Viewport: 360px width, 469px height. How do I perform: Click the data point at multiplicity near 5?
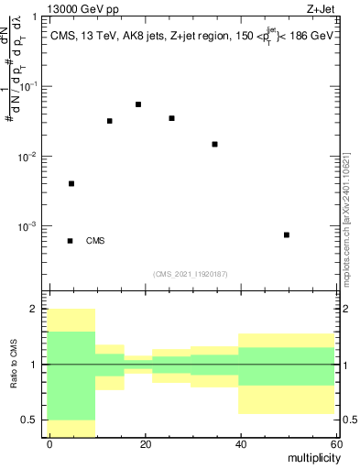pos(71,183)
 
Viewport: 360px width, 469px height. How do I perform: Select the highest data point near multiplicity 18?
pos(138,104)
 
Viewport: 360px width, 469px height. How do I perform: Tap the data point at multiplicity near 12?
pos(110,121)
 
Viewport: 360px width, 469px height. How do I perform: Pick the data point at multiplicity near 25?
pos(171,118)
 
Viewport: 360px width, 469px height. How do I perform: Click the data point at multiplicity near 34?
pos(214,144)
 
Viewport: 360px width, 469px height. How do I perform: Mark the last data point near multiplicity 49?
pos(287,234)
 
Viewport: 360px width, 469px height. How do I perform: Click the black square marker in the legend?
pos(71,241)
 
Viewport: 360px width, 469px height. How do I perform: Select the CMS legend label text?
pos(95,241)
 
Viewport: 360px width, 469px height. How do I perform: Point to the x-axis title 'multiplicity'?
pos(311,457)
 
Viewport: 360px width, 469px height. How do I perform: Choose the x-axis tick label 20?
pos(145,444)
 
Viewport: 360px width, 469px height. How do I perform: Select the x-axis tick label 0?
pos(50,444)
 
